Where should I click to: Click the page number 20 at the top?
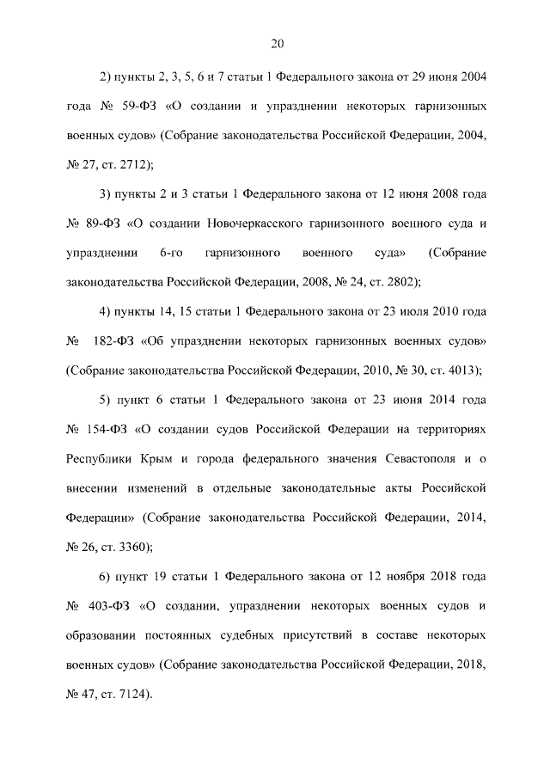click(276, 44)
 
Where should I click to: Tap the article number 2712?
click(130, 163)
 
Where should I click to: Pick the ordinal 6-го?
click(174, 254)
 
